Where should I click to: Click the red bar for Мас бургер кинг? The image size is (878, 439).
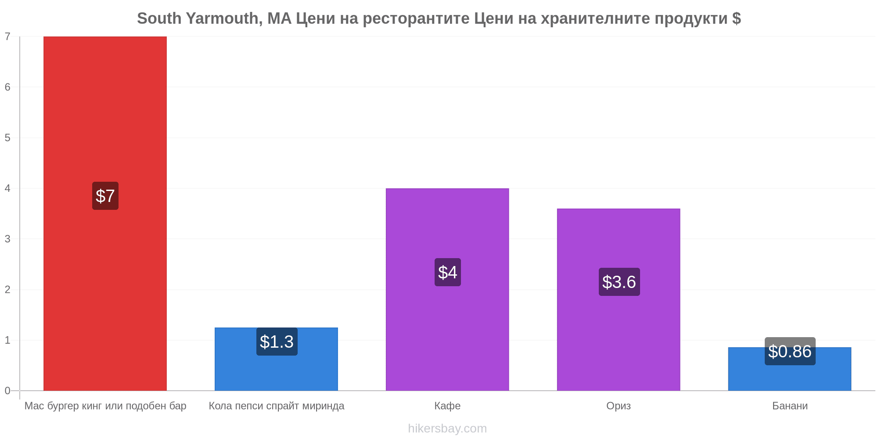pos(105,213)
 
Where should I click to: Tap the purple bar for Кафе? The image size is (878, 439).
pos(447,290)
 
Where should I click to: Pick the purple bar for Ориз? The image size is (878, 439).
pos(619,299)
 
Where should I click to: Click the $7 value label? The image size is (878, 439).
pos(105,196)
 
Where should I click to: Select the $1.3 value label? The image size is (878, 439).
pos(277,342)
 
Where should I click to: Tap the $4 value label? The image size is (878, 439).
pos(448,272)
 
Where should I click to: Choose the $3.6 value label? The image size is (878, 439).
pos(619,282)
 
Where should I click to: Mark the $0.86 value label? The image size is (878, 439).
pos(790,351)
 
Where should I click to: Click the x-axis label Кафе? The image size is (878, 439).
pos(447,406)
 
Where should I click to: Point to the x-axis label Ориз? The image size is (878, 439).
pos(619,406)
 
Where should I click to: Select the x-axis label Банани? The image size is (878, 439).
pos(790,406)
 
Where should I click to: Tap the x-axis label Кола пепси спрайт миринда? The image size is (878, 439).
pos(277,406)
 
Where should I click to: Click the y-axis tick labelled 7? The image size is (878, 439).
pos(7,36)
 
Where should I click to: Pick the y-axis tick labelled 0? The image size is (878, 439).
pos(7,391)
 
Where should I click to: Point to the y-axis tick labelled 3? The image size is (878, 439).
pos(7,239)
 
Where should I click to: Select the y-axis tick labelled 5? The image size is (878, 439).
pos(7,138)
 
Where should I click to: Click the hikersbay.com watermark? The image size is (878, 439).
pos(447,428)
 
